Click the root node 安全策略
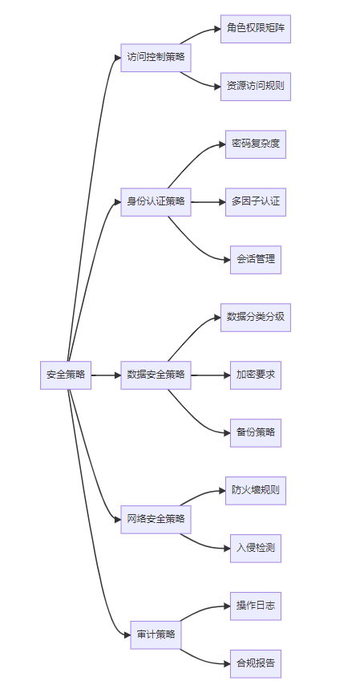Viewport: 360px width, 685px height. [x=66, y=375]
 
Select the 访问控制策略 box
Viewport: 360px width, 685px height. [x=156, y=58]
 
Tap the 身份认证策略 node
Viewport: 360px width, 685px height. [x=156, y=202]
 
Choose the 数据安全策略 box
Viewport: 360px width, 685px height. [x=156, y=375]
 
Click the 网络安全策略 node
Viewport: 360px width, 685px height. [x=156, y=519]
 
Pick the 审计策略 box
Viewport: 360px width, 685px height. [x=156, y=634]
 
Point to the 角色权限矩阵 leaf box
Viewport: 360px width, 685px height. [x=256, y=29]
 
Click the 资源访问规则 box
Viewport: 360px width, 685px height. [x=256, y=87]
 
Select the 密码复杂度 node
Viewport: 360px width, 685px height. [x=256, y=144]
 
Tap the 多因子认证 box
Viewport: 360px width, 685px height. [x=256, y=202]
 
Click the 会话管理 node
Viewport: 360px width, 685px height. [x=256, y=260]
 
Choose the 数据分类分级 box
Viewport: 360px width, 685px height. [x=256, y=317]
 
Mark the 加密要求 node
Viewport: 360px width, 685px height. [x=256, y=375]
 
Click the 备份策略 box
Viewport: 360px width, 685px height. [x=256, y=432]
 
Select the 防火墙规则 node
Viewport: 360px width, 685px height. [x=256, y=491]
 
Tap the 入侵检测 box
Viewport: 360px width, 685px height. [x=256, y=549]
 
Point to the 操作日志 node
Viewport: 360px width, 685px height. [x=256, y=606]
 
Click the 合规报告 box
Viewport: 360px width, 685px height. [x=256, y=663]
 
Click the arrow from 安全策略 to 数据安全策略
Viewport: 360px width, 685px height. [x=106, y=375]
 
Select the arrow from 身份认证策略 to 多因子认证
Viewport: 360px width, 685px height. [x=208, y=202]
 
